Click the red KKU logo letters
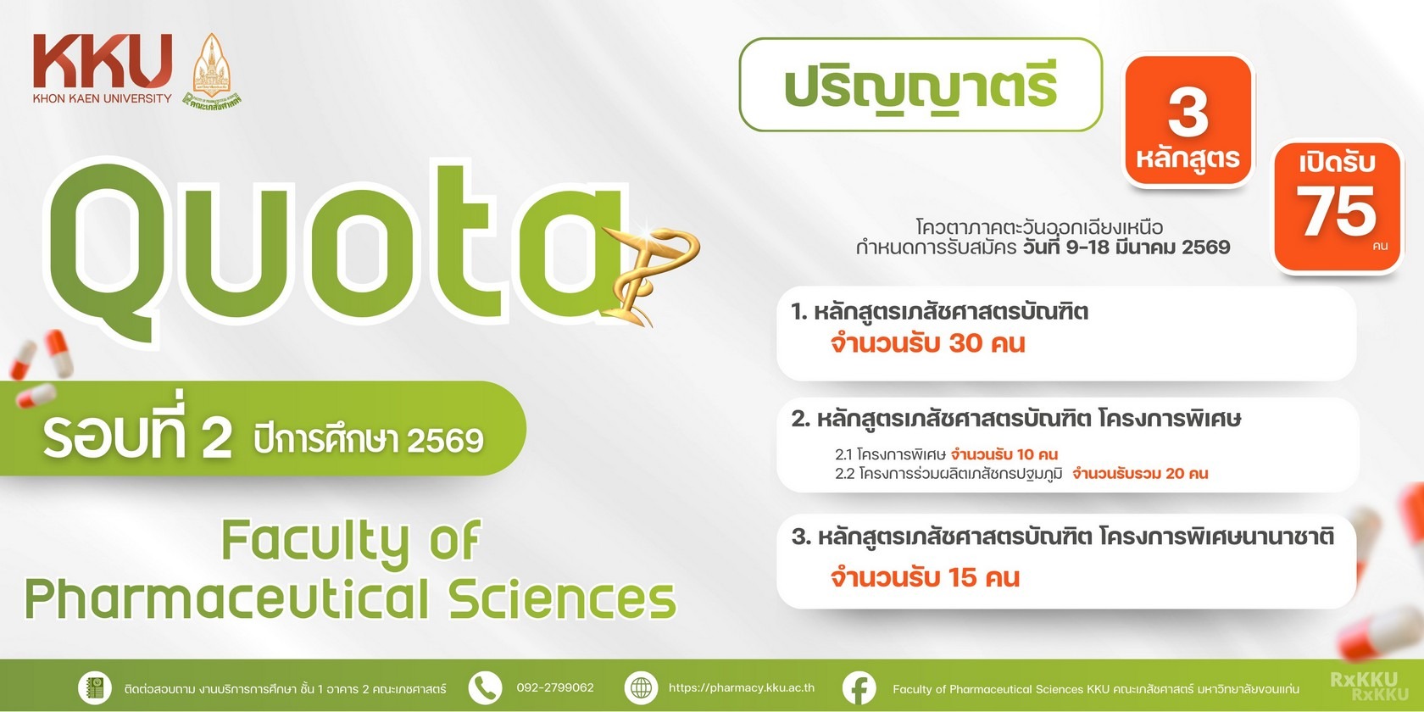[x=103, y=62]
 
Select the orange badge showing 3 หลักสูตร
[x=1188, y=120]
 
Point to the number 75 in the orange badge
[x=1336, y=211]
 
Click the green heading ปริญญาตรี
[x=921, y=87]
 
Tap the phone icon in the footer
[x=485, y=688]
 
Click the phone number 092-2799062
[x=555, y=688]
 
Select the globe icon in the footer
[x=641, y=688]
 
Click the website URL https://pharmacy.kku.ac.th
[x=741, y=688]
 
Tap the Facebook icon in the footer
[x=859, y=688]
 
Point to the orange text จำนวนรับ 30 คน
[x=927, y=343]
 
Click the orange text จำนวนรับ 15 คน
[x=925, y=577]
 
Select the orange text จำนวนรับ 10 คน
[x=1004, y=454]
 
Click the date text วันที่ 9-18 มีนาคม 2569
[x=1126, y=247]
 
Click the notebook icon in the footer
[x=94, y=688]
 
